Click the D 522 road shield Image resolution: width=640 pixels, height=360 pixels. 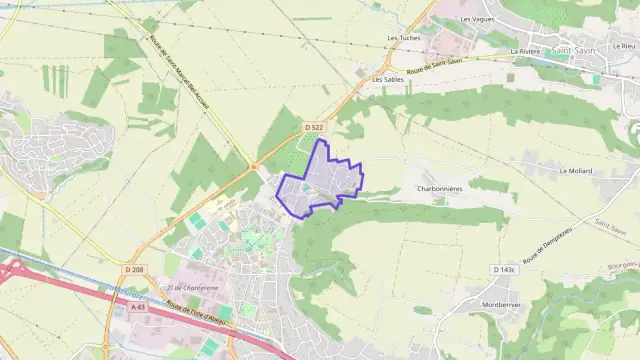[314, 127]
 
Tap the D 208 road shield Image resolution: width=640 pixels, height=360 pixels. [135, 270]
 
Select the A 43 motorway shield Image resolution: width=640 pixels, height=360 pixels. [137, 307]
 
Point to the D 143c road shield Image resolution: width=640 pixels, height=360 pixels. [504, 270]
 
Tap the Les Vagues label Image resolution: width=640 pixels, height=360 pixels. [477, 19]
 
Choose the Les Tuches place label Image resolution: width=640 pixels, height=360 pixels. [403, 38]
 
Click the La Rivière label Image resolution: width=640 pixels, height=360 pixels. [525, 50]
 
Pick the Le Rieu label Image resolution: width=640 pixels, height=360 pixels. [622, 46]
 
